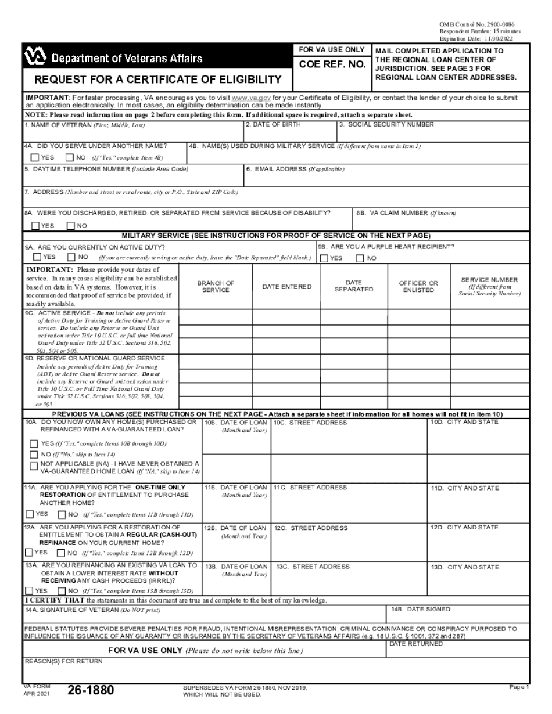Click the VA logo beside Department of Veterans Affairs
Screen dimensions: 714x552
(x=35, y=57)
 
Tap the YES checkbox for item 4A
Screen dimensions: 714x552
(x=35, y=157)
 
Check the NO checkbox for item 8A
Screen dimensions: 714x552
(x=71, y=226)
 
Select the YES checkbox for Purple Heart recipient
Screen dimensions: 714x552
(x=324, y=258)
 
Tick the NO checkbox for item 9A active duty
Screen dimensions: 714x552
(x=71, y=257)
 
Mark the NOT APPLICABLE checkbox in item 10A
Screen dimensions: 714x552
(x=34, y=466)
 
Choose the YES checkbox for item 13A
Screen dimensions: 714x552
(x=28, y=591)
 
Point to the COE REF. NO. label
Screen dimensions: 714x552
(x=332, y=65)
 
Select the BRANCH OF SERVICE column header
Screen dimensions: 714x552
(x=216, y=287)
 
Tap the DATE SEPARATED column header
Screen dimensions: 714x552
(x=353, y=286)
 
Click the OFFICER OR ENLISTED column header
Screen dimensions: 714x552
(x=418, y=287)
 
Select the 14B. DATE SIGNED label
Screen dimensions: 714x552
(x=421, y=610)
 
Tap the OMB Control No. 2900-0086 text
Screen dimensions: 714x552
(x=480, y=23)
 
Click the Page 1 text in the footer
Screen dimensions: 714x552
(x=519, y=687)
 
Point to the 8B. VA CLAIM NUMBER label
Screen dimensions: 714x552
(x=406, y=213)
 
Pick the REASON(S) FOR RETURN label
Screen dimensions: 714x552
(x=63, y=661)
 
